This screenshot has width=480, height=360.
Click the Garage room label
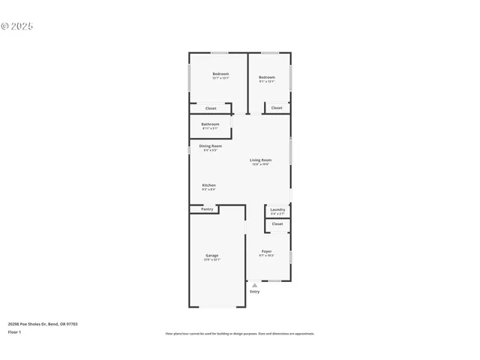tap(212, 256)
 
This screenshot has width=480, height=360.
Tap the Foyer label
tap(266, 251)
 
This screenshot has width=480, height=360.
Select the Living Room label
tap(261, 160)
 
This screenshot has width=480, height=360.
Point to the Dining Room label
tap(210, 146)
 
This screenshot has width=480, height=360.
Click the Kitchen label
tap(209, 185)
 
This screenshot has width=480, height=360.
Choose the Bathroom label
tap(210, 124)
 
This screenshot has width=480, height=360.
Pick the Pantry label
tap(207, 209)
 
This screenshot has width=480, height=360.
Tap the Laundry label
tap(277, 209)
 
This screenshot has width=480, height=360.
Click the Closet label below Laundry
tap(277, 223)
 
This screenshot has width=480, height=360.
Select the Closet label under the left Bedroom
tap(211, 109)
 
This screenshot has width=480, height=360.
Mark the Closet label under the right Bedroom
tap(277, 108)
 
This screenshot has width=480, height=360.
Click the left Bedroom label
tap(220, 73)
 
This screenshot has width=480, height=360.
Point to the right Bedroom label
tap(267, 77)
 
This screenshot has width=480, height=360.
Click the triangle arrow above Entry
tap(254, 285)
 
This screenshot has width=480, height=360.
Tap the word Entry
tap(255, 291)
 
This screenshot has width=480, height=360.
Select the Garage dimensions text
tap(212, 259)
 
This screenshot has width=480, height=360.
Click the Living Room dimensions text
tap(261, 164)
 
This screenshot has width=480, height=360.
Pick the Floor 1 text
tap(15, 331)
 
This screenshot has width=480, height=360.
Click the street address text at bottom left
tap(43, 324)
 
